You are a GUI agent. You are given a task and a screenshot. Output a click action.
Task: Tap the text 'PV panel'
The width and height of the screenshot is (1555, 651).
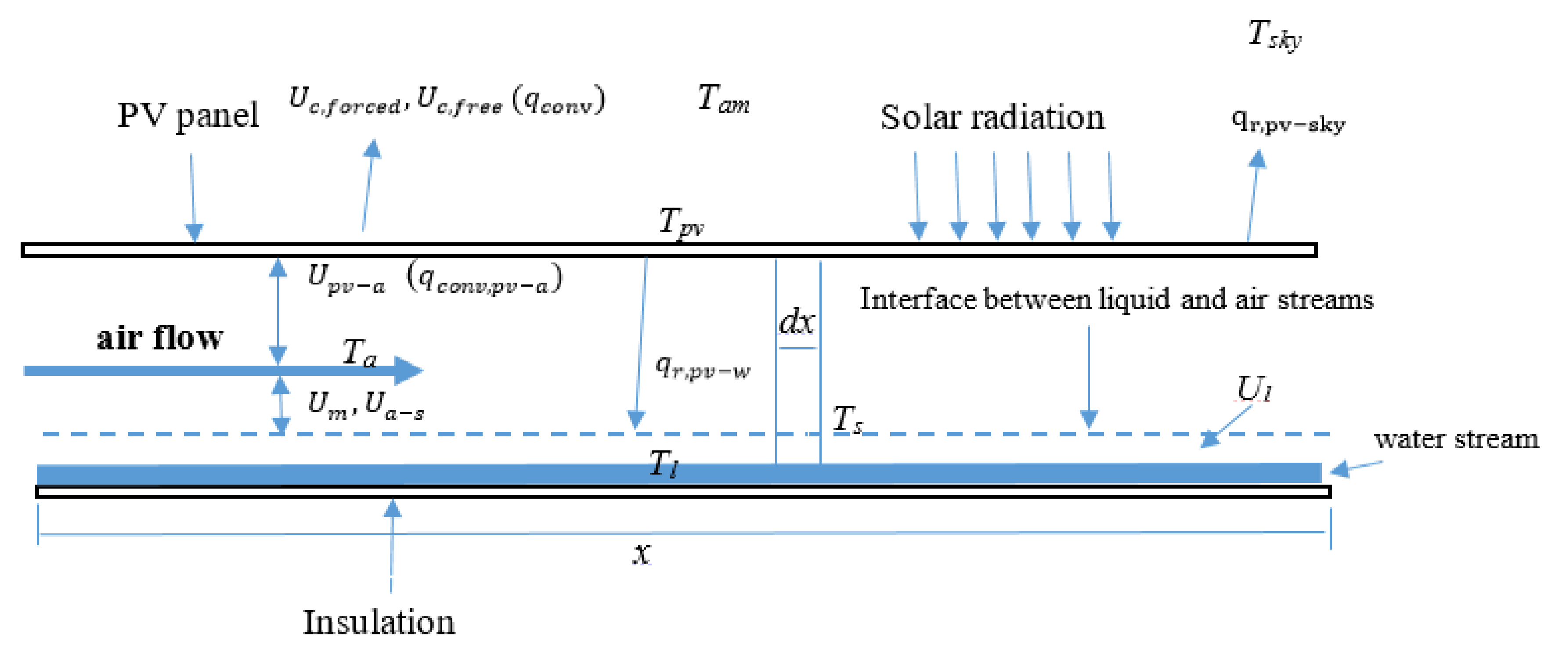pos(188,115)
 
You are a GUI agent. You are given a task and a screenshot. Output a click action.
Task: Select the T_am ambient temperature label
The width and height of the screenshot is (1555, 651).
pos(722,100)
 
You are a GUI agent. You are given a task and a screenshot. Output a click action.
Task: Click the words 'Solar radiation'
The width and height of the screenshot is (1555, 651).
pos(992,117)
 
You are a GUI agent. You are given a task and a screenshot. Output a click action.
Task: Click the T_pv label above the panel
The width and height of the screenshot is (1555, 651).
pos(681,223)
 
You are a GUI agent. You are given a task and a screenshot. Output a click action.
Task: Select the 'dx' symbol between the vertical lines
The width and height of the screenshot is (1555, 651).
pos(796,322)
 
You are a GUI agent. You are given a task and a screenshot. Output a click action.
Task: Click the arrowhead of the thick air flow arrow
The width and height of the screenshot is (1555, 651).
pos(411,370)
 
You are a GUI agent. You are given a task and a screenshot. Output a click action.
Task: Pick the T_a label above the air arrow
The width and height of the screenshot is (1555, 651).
pos(359,353)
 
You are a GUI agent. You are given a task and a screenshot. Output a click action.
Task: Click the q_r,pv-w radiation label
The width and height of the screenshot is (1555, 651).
pos(703,367)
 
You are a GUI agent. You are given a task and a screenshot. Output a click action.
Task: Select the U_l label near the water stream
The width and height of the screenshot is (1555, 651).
pos(1254,389)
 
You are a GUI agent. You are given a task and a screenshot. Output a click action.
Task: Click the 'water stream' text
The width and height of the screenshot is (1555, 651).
pos(1456,439)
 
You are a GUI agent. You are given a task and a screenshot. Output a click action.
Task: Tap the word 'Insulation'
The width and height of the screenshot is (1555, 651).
pos(379,622)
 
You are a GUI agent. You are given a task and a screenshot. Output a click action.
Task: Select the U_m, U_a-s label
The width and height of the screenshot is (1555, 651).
pos(365,404)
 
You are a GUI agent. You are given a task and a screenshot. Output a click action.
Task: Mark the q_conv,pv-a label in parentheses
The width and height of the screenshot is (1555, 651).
pos(485,279)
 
